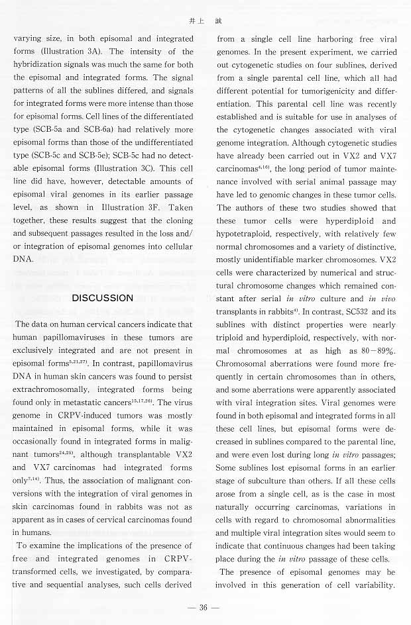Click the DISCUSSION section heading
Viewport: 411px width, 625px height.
pos(102,297)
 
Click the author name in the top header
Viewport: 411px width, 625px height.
pos(205,21)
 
